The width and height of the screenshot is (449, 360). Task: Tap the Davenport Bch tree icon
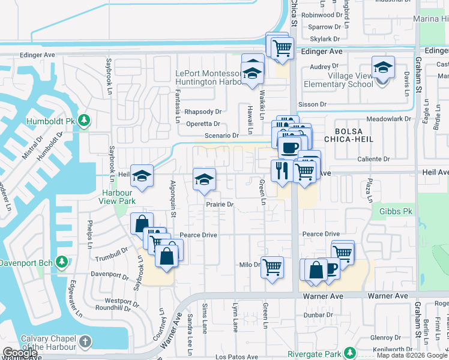[61, 262]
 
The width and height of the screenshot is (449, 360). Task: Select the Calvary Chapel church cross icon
[85, 342]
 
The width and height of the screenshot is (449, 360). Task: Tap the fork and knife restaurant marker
[280, 171]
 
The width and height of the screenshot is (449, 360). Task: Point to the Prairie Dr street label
[219, 205]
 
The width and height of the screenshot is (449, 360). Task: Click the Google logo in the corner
[20, 353]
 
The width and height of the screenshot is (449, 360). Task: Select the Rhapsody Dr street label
[203, 112]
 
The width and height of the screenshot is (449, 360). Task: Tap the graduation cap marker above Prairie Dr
[204, 179]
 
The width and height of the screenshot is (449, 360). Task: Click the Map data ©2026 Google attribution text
[412, 355]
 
